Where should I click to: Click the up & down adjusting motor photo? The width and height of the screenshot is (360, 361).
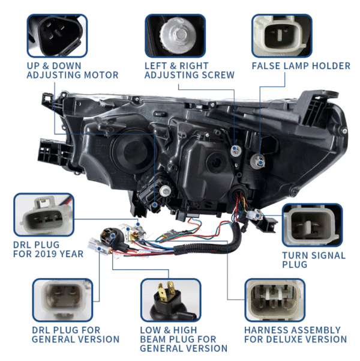(57, 35)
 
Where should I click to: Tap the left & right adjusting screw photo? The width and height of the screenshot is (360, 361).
(175, 35)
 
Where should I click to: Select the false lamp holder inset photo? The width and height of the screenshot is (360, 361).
(282, 35)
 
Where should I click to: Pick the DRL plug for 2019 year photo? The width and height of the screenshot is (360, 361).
(44, 214)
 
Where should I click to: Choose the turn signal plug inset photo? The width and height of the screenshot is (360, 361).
(313, 225)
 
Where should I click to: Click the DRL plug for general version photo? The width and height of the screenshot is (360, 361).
(62, 300)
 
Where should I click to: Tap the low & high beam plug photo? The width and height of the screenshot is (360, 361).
(170, 300)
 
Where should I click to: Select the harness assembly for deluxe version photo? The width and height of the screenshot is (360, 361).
(275, 300)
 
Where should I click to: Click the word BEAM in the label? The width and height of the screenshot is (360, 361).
(151, 339)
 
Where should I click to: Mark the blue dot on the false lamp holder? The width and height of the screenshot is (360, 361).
(260, 162)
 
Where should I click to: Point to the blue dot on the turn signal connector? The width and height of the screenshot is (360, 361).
(258, 216)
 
